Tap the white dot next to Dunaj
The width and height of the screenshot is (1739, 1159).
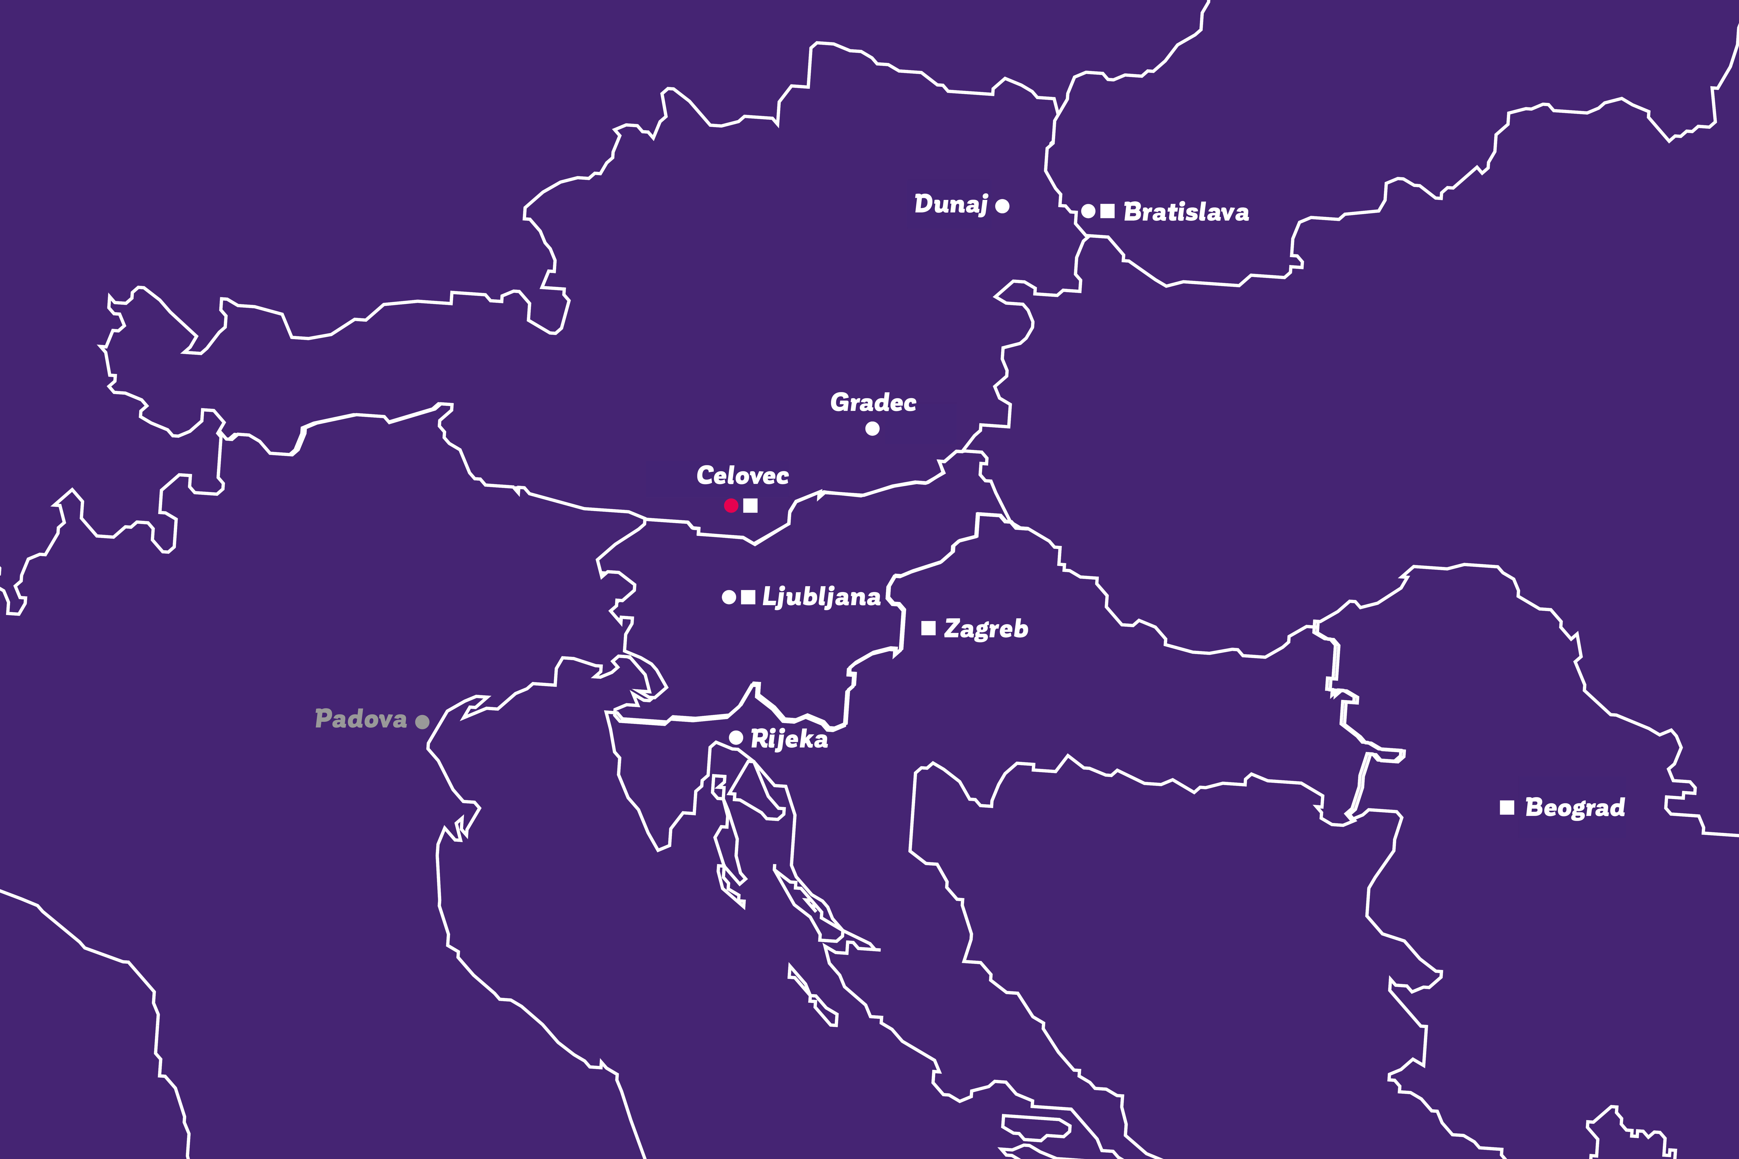[x=1002, y=206]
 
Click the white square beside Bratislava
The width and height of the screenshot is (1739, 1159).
[x=1107, y=211]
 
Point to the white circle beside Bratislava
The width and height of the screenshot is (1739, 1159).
[x=1088, y=211]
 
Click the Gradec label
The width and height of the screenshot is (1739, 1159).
[x=873, y=403]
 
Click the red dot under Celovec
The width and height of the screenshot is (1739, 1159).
[x=731, y=506]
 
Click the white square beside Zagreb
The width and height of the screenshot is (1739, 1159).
[x=928, y=628]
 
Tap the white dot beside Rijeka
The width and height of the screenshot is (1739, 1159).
[x=736, y=738]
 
